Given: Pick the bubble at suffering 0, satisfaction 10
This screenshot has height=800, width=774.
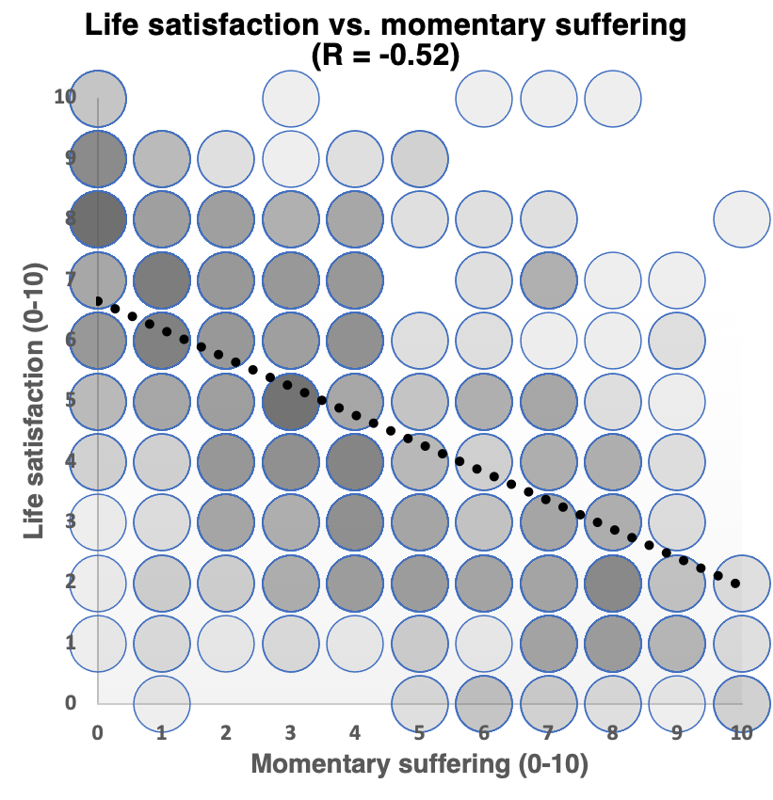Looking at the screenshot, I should pyautogui.click(x=98, y=97).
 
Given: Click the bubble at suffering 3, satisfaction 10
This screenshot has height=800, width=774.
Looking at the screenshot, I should pyautogui.click(x=291, y=97).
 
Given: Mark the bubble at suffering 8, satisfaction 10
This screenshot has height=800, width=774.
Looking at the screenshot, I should pyautogui.click(x=613, y=97).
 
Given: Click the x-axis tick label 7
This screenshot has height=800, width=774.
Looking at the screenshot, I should pyautogui.click(x=549, y=733).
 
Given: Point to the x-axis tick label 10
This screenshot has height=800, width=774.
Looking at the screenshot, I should pyautogui.click(x=741, y=733).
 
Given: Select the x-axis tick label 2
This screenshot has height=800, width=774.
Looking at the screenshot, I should pyautogui.click(x=227, y=733).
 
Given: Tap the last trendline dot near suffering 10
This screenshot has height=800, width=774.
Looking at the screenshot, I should pyautogui.click(x=735, y=584).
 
